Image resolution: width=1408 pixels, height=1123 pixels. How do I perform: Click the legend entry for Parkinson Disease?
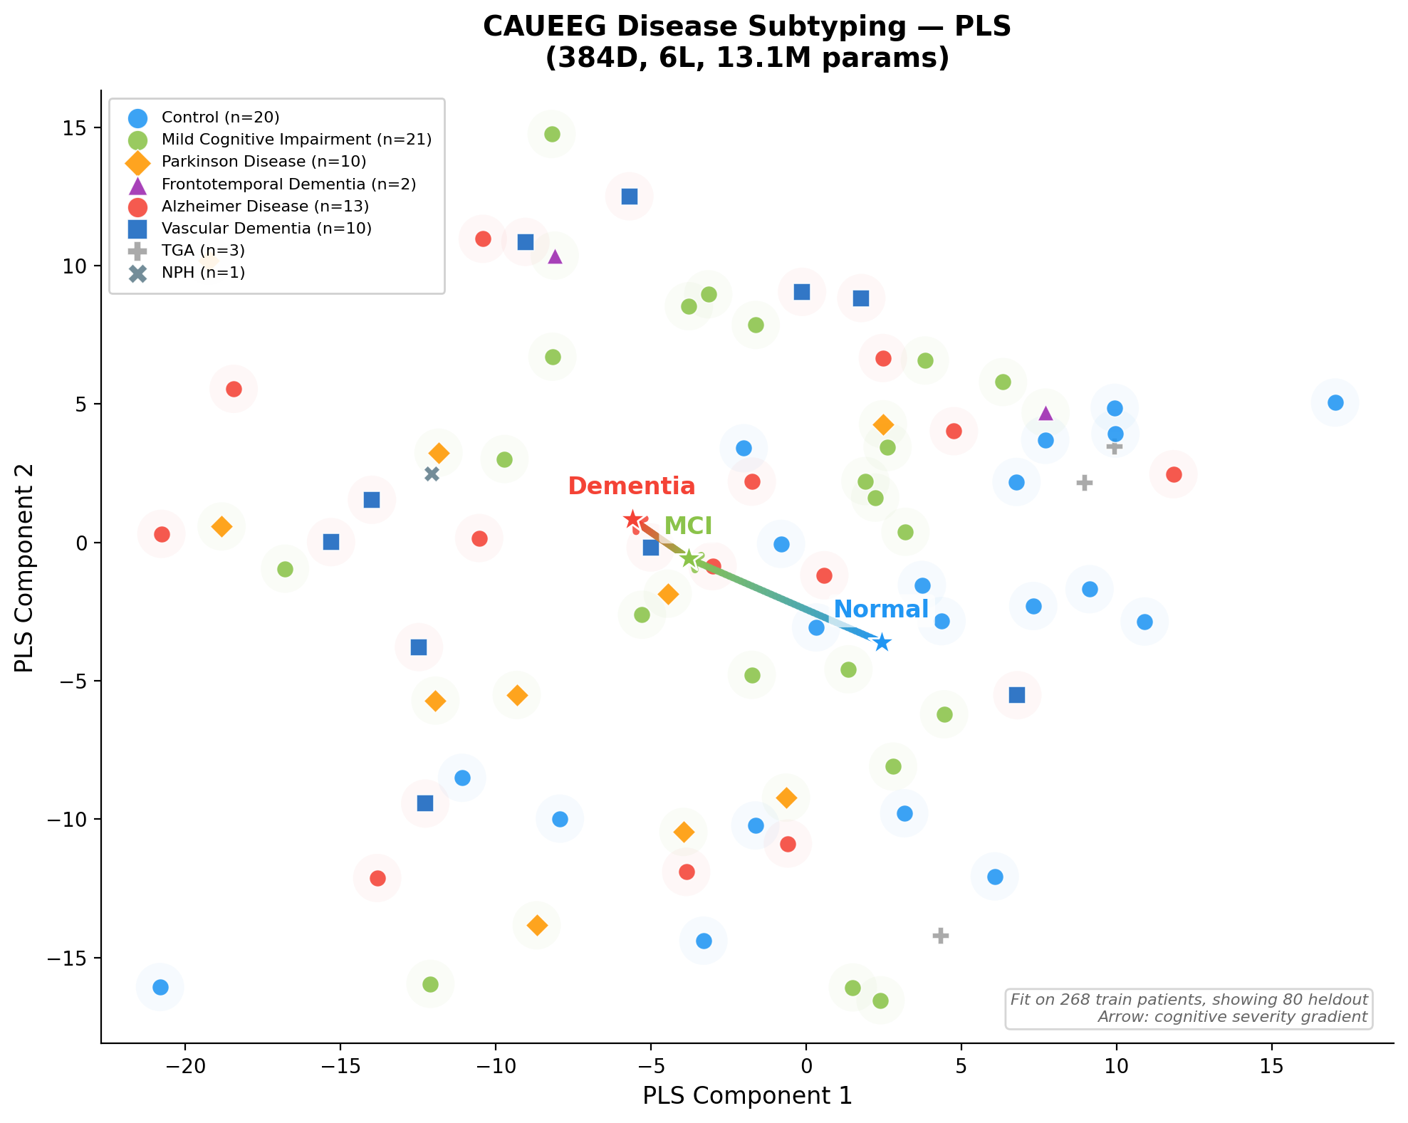click(x=264, y=162)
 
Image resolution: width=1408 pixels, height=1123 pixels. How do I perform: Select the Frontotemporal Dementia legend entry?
click(x=288, y=184)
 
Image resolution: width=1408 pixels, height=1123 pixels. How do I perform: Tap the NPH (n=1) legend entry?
click(x=203, y=273)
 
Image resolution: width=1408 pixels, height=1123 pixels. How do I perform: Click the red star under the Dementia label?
click(x=632, y=520)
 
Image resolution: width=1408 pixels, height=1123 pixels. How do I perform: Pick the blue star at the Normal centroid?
click(x=882, y=642)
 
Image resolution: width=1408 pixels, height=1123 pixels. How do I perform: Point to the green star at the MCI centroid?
click(x=689, y=558)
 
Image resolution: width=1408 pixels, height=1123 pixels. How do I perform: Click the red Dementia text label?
click(x=632, y=486)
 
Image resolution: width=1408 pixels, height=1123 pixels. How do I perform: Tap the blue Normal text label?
click(x=881, y=610)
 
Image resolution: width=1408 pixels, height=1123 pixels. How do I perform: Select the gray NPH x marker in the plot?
click(x=432, y=474)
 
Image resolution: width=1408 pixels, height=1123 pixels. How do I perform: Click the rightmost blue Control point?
click(x=1335, y=403)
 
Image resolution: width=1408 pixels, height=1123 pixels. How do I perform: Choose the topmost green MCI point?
click(x=552, y=134)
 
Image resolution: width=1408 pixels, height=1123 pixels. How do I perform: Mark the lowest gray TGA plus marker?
click(x=940, y=936)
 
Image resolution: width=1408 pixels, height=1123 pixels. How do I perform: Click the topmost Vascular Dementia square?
click(x=630, y=197)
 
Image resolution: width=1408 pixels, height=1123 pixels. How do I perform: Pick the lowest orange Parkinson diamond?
click(x=537, y=926)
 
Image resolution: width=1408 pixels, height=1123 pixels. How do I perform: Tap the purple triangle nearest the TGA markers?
click(x=1045, y=414)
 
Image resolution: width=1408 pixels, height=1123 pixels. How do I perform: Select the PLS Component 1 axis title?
click(x=747, y=1095)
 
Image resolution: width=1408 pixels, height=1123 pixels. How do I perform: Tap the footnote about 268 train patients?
click(x=1188, y=1000)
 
